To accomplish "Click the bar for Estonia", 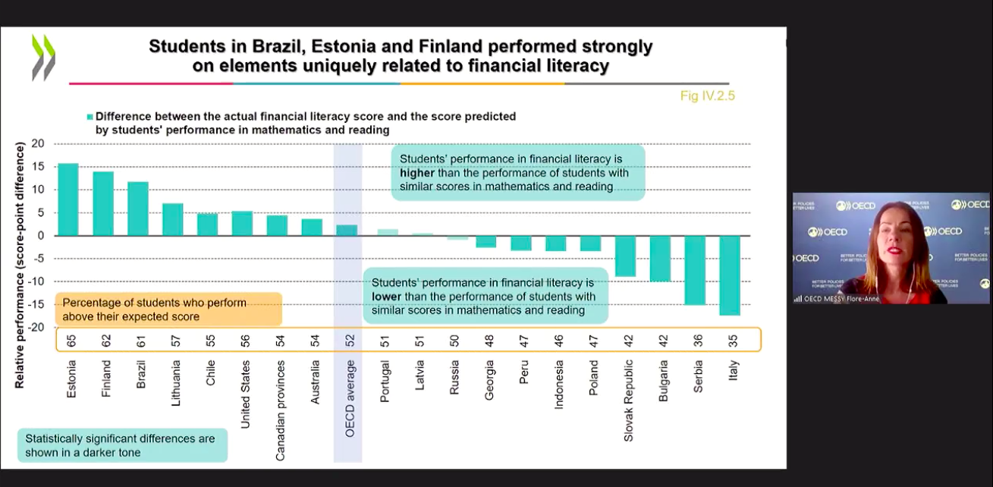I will click(68, 199).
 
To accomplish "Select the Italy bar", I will click(730, 275).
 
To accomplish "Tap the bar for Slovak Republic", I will click(626, 256).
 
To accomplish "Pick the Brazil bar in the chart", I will click(137, 209).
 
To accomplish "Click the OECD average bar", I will click(347, 231).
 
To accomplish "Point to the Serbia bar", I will click(695, 271).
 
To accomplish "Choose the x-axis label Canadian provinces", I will click(281, 410).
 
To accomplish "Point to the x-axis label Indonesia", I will click(559, 385).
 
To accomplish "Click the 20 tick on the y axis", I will click(38, 143).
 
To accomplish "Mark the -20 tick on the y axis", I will click(36, 328).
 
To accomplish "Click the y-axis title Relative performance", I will click(20, 265).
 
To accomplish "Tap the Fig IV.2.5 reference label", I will click(708, 96).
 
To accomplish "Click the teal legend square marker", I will click(90, 117).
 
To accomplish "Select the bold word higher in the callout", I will click(417, 173).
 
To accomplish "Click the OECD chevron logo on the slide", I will click(43, 58).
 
